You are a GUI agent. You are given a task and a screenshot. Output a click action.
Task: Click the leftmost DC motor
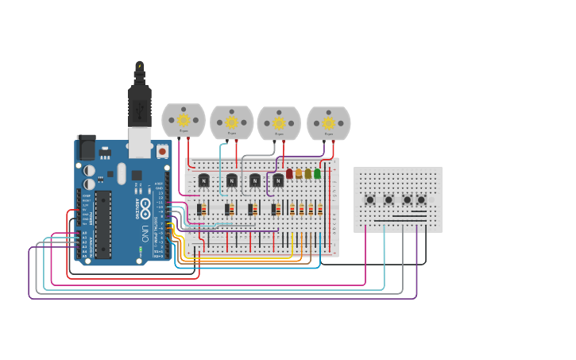[x=184, y=120]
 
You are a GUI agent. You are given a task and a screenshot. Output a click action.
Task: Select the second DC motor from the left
[x=231, y=122]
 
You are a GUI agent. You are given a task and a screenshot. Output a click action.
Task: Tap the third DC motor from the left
[x=279, y=122]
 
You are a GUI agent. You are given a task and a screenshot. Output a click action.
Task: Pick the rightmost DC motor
[x=329, y=122]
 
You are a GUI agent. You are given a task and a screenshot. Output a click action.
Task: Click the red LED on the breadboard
[x=289, y=173]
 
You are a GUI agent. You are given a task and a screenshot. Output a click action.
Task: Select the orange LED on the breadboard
[x=299, y=173]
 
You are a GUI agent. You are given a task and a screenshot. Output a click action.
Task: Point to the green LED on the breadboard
[x=318, y=173]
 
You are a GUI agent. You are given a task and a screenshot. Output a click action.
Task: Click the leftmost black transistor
[x=203, y=181]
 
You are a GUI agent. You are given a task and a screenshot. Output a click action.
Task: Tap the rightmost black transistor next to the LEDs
[x=277, y=181]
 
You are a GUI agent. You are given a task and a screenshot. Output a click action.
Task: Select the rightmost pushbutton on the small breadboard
[x=421, y=199]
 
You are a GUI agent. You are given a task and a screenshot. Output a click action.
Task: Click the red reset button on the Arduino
[x=162, y=150]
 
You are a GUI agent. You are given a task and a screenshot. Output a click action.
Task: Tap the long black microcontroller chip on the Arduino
[x=103, y=224]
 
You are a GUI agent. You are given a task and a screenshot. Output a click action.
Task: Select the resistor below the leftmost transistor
[x=203, y=210]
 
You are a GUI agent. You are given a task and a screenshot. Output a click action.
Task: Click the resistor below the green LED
[x=320, y=210]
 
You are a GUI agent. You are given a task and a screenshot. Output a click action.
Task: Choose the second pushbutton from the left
[x=389, y=199]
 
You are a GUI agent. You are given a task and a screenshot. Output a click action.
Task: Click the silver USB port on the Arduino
[x=140, y=141]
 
